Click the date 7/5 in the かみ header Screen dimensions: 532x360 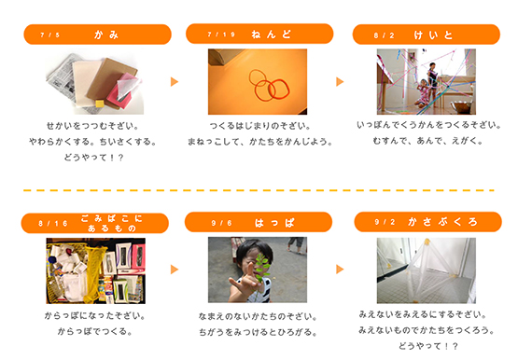pyautogui.click(x=49, y=35)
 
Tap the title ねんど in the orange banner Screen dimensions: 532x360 pyautogui.click(x=271, y=35)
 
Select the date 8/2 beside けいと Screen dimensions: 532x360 pyautogui.click(x=384, y=35)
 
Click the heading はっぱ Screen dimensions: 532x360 pyautogui.click(x=274, y=223)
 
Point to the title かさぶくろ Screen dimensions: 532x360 pyautogui.click(x=442, y=222)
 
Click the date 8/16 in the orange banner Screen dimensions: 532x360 pyautogui.click(x=53, y=224)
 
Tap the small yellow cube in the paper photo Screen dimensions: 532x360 pyautogui.click(x=100, y=103)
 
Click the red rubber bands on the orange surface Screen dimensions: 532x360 pyautogui.click(x=269, y=85)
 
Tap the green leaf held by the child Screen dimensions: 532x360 pyautogui.click(x=262, y=268)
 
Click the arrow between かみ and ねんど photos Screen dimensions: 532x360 pyautogui.click(x=174, y=82)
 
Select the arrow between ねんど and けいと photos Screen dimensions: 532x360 pyautogui.click(x=340, y=82)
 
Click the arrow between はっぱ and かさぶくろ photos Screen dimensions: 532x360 pyautogui.click(x=340, y=270)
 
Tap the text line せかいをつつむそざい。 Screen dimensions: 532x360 pyautogui.click(x=92, y=126)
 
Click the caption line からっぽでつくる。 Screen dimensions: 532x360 pyautogui.click(x=95, y=331)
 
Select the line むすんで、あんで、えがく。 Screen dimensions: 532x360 pyautogui.click(x=427, y=140)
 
